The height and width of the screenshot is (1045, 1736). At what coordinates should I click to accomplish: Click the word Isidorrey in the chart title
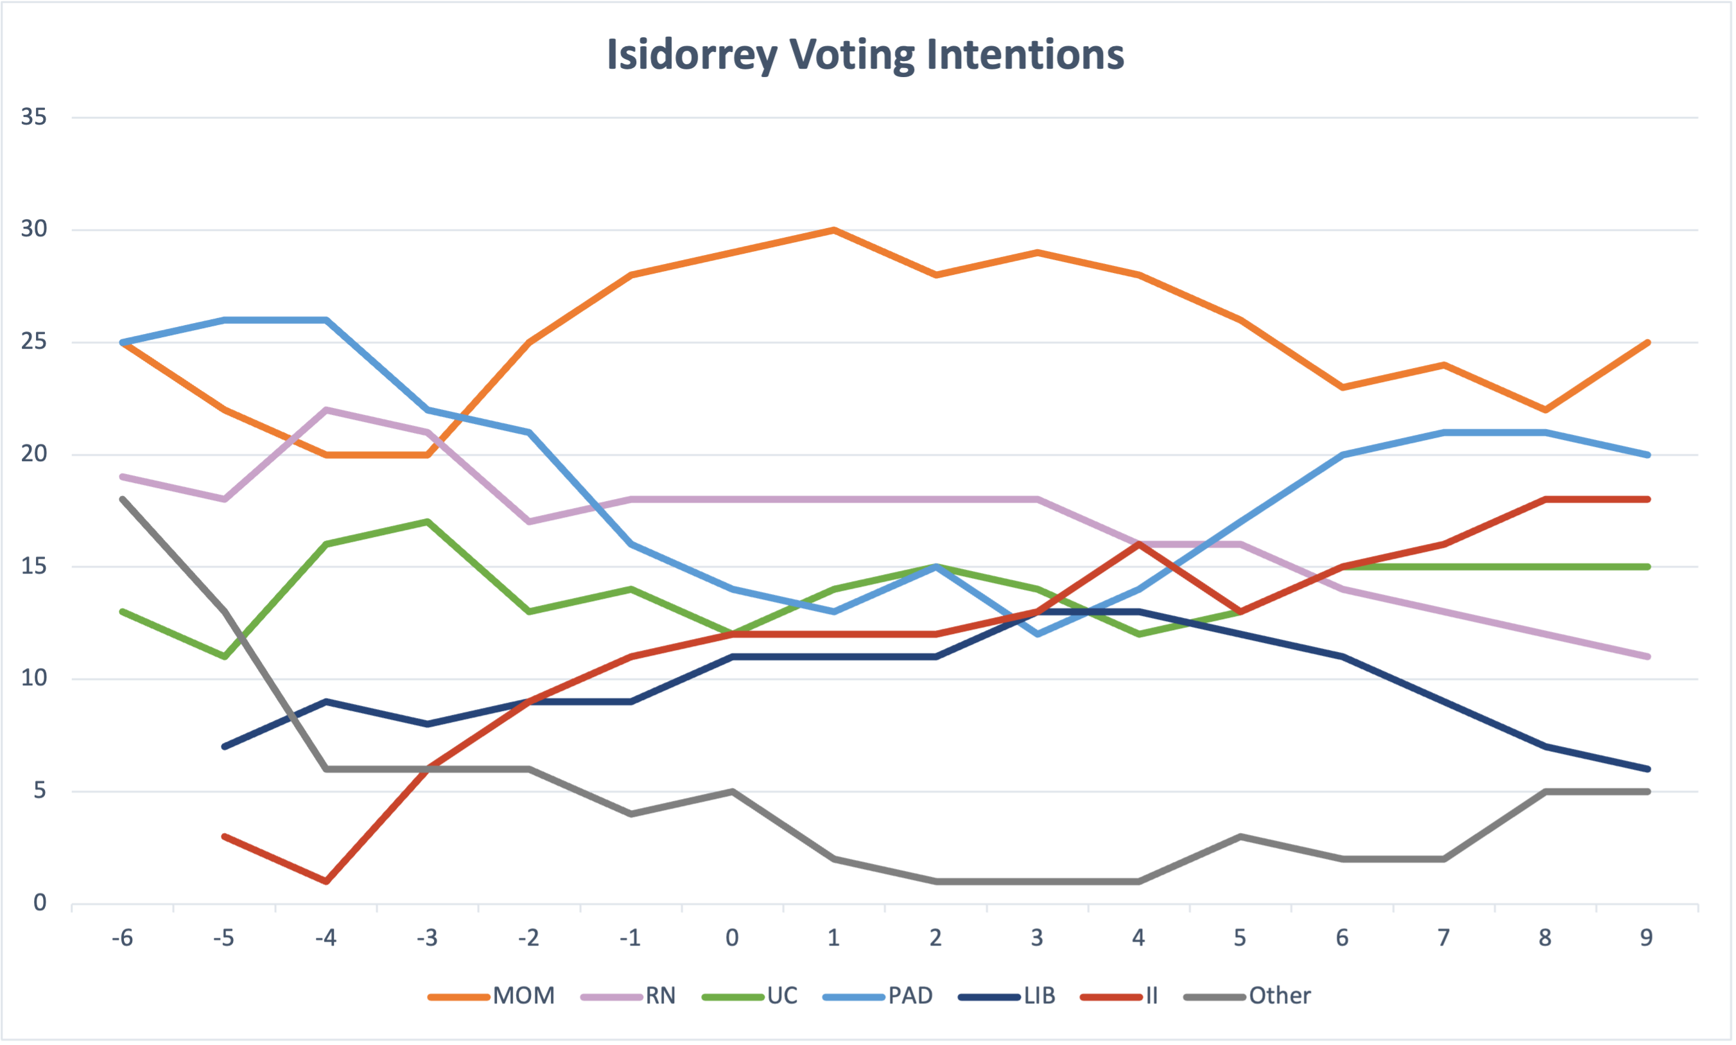[x=691, y=55]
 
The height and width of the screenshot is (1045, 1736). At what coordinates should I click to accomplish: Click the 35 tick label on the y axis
[x=34, y=117]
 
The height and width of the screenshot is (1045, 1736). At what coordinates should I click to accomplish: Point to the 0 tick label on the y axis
[x=40, y=903]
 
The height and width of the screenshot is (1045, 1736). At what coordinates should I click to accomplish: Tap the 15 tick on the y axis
[x=34, y=566]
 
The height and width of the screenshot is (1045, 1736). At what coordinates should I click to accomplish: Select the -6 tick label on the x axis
[x=123, y=938]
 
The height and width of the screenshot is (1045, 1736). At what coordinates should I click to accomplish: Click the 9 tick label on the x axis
[x=1647, y=938]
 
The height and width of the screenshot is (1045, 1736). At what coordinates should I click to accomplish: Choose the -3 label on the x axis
[x=427, y=938]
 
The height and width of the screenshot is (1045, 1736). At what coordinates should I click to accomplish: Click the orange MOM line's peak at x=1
[x=834, y=229]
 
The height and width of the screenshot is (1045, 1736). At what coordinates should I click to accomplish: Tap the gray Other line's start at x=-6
[x=123, y=499]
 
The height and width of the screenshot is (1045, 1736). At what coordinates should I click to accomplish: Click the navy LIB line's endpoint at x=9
[x=1647, y=769]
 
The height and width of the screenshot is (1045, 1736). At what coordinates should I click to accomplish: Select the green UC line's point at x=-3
[x=428, y=522]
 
